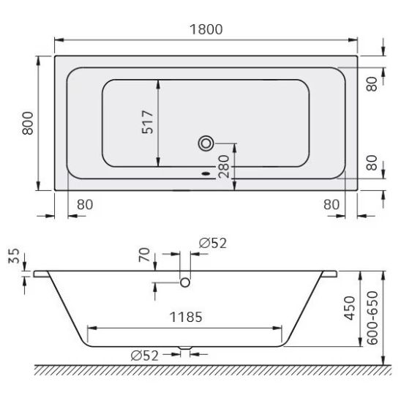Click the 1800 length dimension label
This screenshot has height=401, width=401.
pos(206,29)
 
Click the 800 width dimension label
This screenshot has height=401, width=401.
pos(28,123)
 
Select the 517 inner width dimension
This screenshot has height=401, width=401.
pos(148,122)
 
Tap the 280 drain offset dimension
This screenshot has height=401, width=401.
pos(223,167)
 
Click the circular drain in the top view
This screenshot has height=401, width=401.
pos(206,143)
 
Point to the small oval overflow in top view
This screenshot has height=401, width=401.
pos(206,174)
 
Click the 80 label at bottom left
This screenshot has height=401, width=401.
pos(85,205)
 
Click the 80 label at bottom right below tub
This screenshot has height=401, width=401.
pos(331,205)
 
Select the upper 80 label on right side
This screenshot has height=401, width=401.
pos(372,84)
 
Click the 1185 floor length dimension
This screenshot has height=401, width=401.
pos(186,317)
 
